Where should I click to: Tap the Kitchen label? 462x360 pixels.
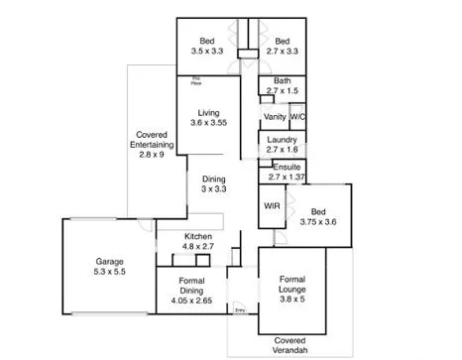click(x=198, y=236)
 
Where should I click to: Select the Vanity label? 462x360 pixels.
click(x=275, y=116)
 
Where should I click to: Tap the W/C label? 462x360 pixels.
click(x=297, y=116)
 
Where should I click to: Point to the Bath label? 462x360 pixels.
click(x=282, y=81)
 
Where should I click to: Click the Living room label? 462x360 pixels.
click(x=208, y=112)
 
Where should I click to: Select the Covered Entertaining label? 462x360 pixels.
click(x=154, y=144)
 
